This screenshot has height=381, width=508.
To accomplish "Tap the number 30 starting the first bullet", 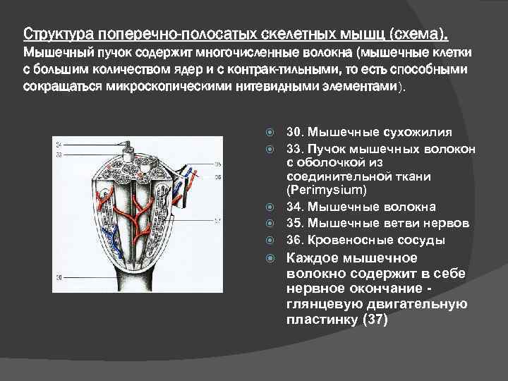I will pyautogui.click(x=294, y=132).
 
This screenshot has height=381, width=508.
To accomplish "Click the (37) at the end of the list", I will pyautogui.click(x=373, y=320).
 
